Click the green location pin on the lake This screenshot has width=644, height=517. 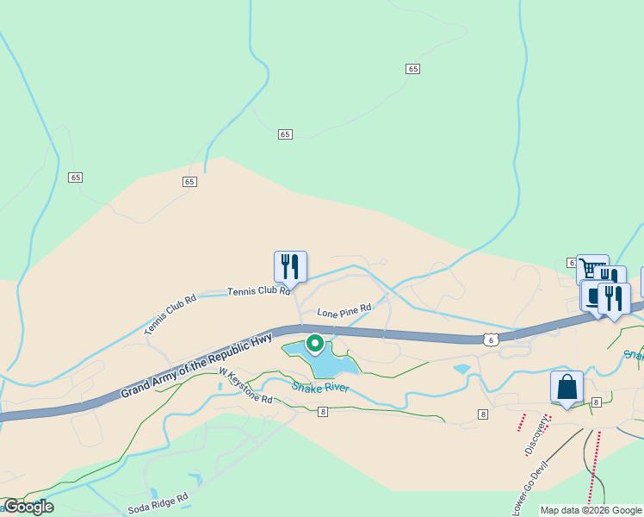pyautogui.click(x=315, y=345)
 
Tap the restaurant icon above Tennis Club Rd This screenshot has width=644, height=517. pyautogui.click(x=290, y=266)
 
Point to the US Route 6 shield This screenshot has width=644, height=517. pyautogui.click(x=490, y=339)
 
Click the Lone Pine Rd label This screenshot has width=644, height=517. pyautogui.click(x=344, y=309)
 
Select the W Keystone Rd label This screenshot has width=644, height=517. pyautogui.click(x=245, y=387)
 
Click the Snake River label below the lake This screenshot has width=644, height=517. pyautogui.click(x=319, y=388)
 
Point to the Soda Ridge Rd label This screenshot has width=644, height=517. pyautogui.click(x=158, y=504)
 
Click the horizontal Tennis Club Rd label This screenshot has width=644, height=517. pyautogui.click(x=258, y=291)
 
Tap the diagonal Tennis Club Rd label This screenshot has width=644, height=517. pyautogui.click(x=170, y=315)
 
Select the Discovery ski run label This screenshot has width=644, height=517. pyautogui.click(x=536, y=437)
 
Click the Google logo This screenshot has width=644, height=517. pyautogui.click(x=28, y=507)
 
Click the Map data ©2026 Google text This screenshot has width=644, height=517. pyautogui.click(x=591, y=510)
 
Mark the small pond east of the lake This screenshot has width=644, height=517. pyautogui.click(x=462, y=369)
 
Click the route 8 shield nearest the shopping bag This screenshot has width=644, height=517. pyautogui.click(x=596, y=402)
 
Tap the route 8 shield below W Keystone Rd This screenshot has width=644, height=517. pyautogui.click(x=322, y=412)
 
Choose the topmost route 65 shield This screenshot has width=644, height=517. pyautogui.click(x=413, y=68)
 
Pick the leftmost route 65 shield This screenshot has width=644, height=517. pyautogui.click(x=76, y=177)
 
